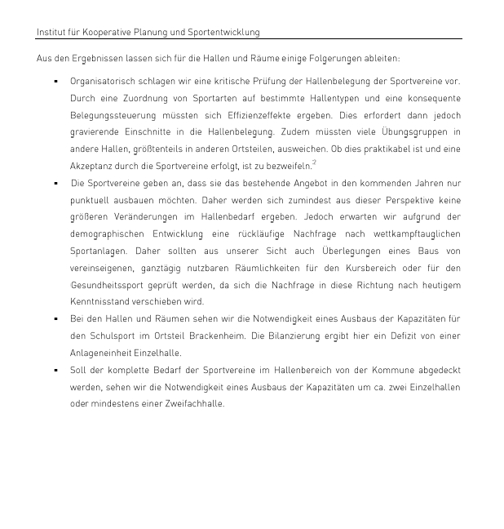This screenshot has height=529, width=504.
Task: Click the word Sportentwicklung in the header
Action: coord(225,33)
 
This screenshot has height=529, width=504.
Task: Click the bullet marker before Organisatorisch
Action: coord(55,82)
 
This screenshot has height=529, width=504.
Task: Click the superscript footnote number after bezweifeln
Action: coord(315,163)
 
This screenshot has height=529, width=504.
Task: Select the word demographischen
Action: coord(108,233)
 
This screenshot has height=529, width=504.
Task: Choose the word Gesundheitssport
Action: coord(110,285)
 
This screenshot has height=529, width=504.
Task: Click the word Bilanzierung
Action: coord(316,336)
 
